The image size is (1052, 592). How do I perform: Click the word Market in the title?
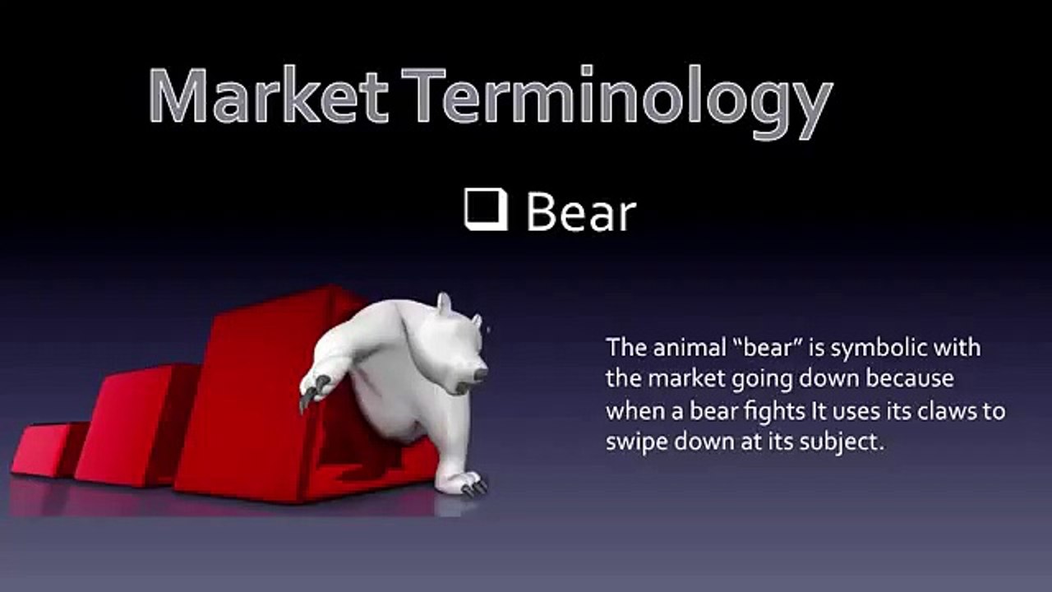(269, 96)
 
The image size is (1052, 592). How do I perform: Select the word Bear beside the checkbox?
(580, 212)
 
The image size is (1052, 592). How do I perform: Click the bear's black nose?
(480, 374)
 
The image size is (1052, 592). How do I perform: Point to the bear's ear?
(444, 304)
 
